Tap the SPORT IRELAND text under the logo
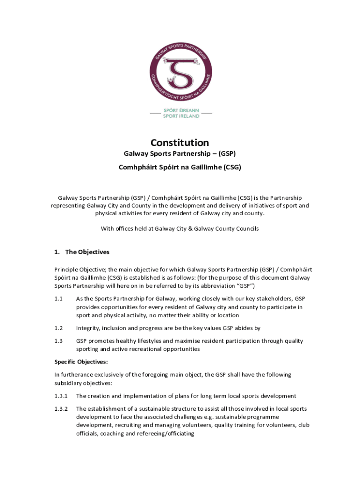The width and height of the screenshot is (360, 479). pyautogui.click(x=181, y=116)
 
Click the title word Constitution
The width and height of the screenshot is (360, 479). pyautogui.click(x=180, y=143)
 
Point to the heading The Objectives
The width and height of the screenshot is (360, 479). pyautogui.click(x=87, y=252)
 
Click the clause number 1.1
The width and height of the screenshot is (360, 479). pyautogui.click(x=58, y=298)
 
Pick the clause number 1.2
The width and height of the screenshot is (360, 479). pyautogui.click(x=58, y=328)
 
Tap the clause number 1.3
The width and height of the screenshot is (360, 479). pyautogui.click(x=58, y=341)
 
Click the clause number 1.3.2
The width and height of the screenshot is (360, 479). pyautogui.click(x=61, y=409)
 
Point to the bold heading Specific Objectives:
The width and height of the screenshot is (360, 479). pyautogui.click(x=81, y=362)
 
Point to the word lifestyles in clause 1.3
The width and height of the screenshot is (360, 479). pyautogui.click(x=142, y=341)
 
